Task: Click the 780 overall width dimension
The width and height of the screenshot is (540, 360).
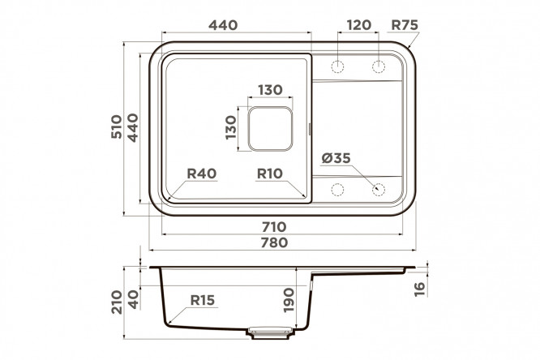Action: (x=274, y=242)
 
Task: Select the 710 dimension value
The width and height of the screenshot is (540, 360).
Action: (x=274, y=227)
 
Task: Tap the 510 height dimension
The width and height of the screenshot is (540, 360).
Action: (x=117, y=126)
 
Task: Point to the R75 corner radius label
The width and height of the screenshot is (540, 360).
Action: (x=405, y=25)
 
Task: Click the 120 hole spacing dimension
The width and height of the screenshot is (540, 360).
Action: (x=359, y=25)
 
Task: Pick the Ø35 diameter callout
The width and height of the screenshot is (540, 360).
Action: (x=336, y=158)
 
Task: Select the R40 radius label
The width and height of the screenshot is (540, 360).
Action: (x=201, y=174)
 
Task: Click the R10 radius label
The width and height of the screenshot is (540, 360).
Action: (x=270, y=174)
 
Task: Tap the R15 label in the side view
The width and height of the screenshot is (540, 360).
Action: (x=203, y=300)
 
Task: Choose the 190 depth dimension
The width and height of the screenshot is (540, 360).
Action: (x=289, y=300)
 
